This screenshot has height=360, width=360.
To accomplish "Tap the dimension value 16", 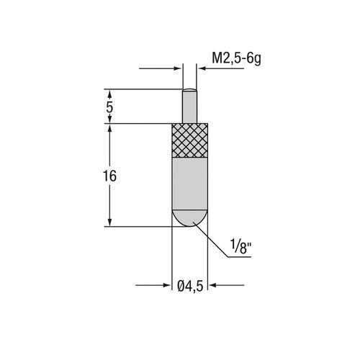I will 110,176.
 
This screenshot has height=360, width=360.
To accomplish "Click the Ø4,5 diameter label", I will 190,286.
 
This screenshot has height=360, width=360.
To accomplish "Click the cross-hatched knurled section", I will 190,140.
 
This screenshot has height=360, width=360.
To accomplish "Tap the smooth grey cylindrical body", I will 190,184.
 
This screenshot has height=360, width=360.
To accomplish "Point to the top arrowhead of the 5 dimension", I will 109,93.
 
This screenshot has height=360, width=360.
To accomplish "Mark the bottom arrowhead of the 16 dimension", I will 109,222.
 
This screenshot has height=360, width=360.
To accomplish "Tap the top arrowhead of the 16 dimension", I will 109,128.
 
